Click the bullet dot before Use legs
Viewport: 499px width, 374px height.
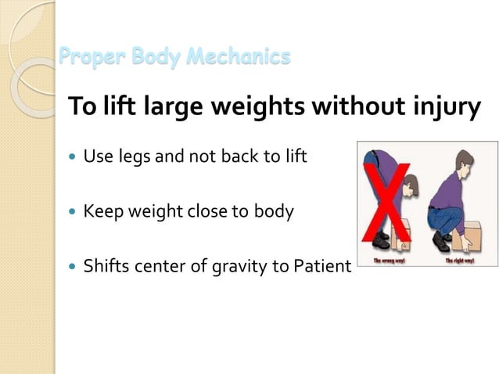(73, 156)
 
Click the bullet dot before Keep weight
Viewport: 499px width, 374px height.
(73, 211)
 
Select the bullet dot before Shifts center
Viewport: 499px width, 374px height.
(73, 267)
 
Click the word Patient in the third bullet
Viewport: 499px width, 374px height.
(324, 266)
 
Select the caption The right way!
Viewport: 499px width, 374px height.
(460, 260)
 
